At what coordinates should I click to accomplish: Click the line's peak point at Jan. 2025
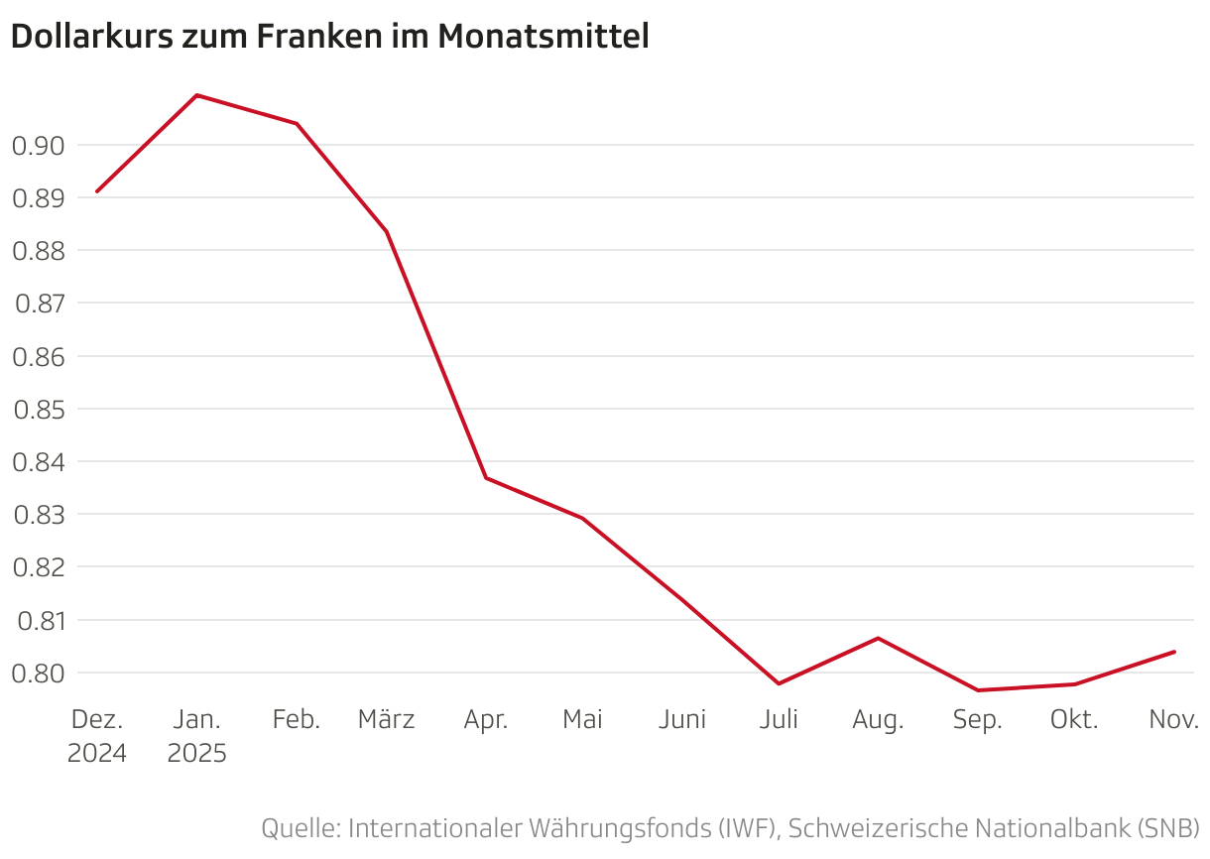pos(196,95)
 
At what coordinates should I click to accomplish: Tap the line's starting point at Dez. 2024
pos(97,191)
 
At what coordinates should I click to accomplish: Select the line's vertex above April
pos(486,478)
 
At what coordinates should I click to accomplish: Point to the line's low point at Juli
pos(779,683)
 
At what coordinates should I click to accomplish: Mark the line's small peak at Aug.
pos(878,638)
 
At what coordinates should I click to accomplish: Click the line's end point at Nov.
pos(1174,652)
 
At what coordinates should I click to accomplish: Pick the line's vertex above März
pos(387,232)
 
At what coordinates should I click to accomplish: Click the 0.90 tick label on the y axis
pos(38,146)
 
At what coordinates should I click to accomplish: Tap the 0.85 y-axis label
pos(38,409)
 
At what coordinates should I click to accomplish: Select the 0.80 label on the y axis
pos(38,674)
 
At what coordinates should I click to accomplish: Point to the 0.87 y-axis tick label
pos(38,304)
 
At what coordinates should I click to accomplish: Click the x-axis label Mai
pos(582,720)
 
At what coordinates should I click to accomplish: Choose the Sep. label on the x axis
pos(977,720)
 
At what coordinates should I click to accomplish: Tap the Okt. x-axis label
pos(1074,720)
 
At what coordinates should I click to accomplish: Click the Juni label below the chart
pos(682,720)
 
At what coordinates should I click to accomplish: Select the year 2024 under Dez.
pos(97,754)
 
